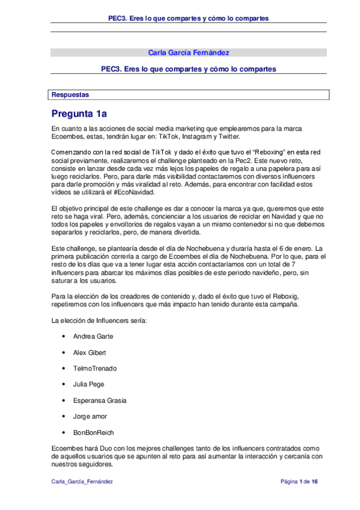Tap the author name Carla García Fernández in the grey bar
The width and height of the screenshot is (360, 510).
point(188,53)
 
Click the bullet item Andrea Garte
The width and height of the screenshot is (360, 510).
point(93,336)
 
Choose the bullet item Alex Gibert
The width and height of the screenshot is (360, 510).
point(89,352)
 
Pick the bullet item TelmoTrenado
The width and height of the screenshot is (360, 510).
point(95,368)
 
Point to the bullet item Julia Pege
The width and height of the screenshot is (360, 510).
point(88,384)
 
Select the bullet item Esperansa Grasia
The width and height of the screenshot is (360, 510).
point(100,401)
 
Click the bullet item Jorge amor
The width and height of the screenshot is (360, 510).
point(89,416)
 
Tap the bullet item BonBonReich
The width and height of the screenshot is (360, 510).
point(93,432)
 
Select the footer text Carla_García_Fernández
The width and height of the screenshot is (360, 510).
point(82,482)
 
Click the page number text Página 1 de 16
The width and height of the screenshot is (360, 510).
point(304,482)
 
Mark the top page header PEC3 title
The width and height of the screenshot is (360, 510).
point(188,19)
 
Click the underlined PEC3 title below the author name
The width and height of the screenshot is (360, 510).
point(188,69)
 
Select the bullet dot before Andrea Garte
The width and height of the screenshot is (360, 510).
point(63,336)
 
